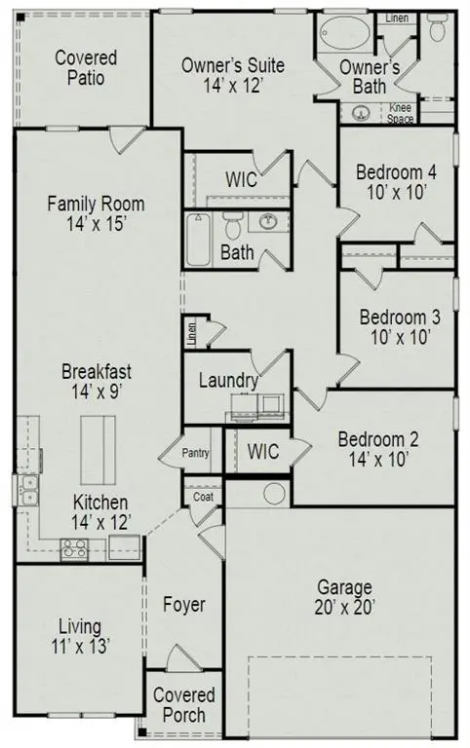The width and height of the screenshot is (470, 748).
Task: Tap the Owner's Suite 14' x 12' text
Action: point(234,75)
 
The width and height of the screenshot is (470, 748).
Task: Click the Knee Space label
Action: point(401,113)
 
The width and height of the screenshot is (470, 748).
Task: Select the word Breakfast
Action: point(97,371)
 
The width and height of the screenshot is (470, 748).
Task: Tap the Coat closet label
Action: point(203,496)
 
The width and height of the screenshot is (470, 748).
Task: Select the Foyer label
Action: point(184,605)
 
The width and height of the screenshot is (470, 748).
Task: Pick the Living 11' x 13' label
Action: point(80,635)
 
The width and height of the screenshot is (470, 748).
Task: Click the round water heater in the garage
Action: point(272,493)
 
